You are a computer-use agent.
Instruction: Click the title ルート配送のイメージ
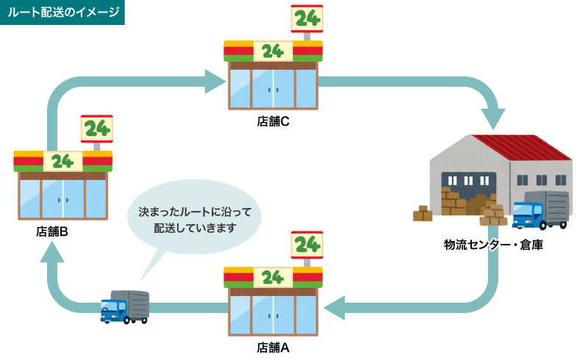click(62, 12)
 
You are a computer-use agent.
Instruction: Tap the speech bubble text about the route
click(195, 220)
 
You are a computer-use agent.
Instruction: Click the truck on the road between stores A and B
click(124, 306)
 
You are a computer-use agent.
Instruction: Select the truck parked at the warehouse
click(540, 209)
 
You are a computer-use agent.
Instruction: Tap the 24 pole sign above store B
click(96, 129)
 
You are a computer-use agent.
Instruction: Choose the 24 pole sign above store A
click(306, 245)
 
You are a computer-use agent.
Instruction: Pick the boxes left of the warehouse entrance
click(423, 214)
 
